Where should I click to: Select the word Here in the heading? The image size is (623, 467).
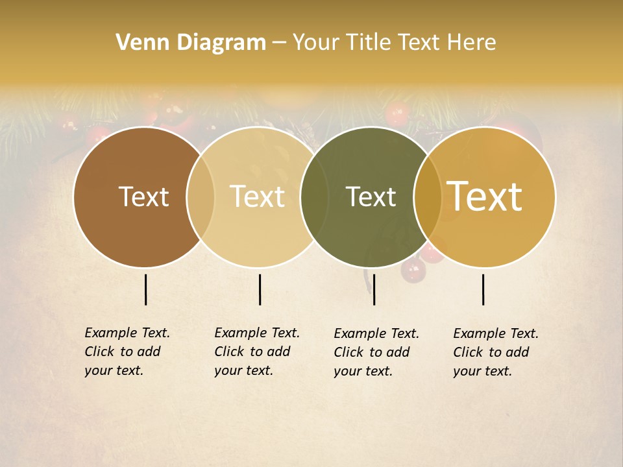[472, 43]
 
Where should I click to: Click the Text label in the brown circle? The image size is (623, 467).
[143, 197]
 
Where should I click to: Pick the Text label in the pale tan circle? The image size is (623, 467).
[258, 197]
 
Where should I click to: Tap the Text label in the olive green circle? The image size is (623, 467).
[371, 197]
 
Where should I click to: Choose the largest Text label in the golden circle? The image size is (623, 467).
[485, 197]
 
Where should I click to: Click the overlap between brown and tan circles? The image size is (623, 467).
[201, 197]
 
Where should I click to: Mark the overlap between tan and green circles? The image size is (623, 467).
[314, 197]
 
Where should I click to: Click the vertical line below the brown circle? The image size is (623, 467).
[145, 289]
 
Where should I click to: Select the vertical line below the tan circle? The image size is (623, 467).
[260, 289]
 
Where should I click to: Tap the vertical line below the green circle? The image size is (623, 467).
[374, 289]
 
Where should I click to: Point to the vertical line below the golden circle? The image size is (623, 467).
[483, 289]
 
